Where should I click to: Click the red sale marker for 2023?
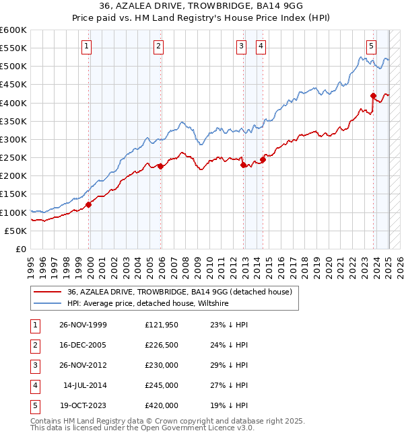pyautogui.click(x=373, y=95)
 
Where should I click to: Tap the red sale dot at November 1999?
pyautogui.click(x=89, y=204)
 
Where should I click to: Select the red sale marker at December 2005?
pyautogui.click(x=160, y=166)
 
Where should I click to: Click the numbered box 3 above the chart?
pyautogui.click(x=241, y=46)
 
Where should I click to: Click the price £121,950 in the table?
pyautogui.click(x=162, y=325)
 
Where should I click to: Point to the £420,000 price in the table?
pyautogui.click(x=162, y=405)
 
